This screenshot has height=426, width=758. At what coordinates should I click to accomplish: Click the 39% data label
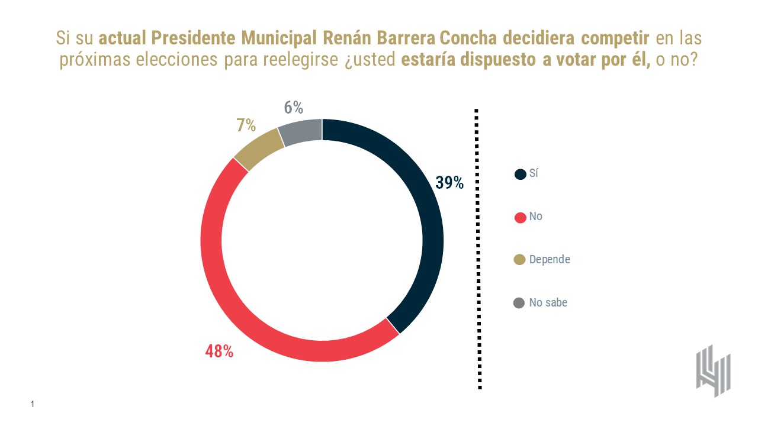[x=449, y=183]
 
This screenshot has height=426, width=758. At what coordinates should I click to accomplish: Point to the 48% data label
[x=219, y=351]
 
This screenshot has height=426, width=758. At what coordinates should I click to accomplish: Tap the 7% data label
[x=246, y=125]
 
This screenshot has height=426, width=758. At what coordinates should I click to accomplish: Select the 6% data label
[x=293, y=108]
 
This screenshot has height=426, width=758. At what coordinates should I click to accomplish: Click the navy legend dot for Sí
[x=520, y=174]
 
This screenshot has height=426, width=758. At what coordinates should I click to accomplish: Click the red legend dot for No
[x=520, y=217]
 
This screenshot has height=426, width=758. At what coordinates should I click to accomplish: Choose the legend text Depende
[x=550, y=259]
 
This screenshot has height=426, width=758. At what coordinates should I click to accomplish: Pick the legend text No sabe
[x=548, y=302]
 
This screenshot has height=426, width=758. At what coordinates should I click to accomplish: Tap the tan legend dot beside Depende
[x=520, y=260]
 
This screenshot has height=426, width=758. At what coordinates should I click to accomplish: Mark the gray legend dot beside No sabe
[x=520, y=303]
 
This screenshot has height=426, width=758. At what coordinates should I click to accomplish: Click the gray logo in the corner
[x=713, y=370]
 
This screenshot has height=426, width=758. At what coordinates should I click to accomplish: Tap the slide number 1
[x=33, y=404]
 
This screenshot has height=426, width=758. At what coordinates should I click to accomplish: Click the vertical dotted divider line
[x=478, y=248]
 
